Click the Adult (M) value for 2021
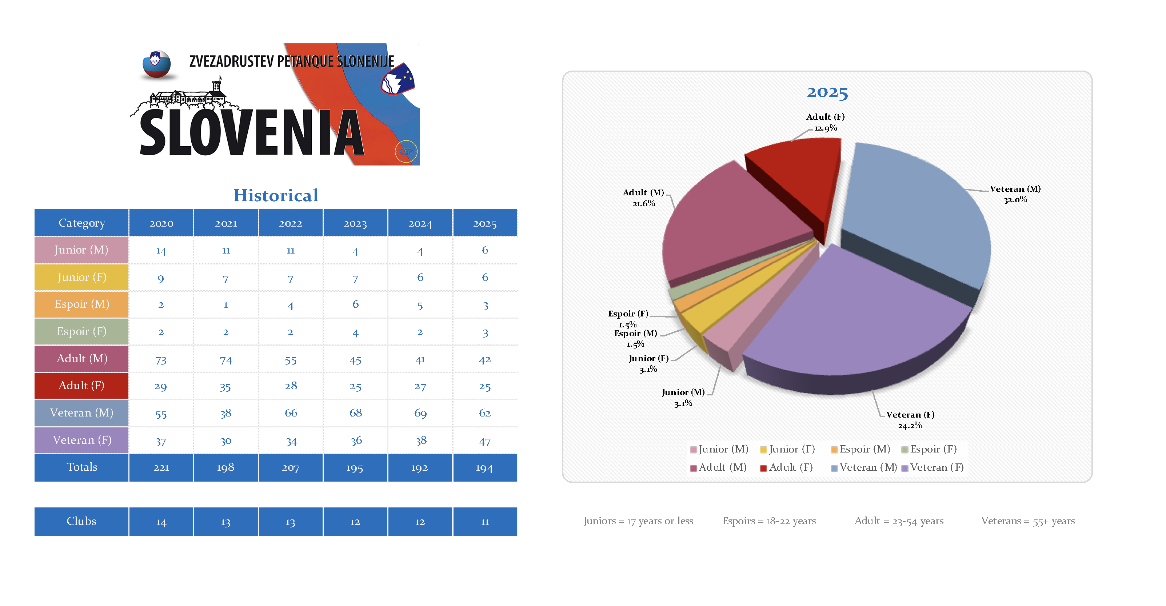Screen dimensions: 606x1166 [225, 360]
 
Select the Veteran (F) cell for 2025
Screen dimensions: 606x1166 [484, 441]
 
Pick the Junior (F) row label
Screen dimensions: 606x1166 [82, 277]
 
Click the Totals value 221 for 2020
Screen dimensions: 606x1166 [161, 467]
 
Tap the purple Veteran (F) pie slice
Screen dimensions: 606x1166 [860, 317]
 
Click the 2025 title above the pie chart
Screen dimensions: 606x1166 [827, 92]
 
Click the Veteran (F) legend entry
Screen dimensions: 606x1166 [932, 467]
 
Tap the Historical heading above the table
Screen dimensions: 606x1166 [276, 195]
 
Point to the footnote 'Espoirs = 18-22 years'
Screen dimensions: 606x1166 [768, 521]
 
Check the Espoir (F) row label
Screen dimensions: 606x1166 [82, 331]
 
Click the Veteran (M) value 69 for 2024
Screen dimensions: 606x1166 [420, 413]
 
